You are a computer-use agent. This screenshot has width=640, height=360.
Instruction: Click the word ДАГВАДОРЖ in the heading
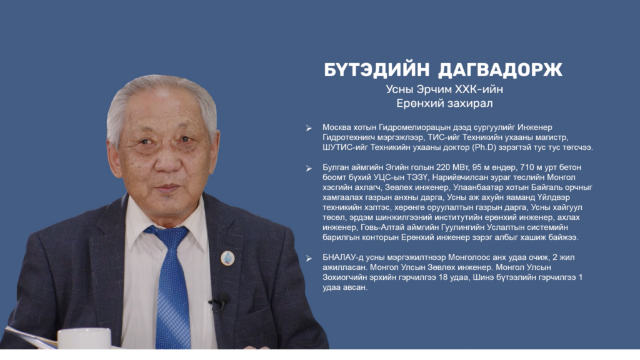pos(500,70)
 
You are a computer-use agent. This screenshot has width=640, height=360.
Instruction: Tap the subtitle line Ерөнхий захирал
pos(444,103)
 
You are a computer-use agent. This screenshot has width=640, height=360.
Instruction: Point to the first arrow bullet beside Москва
pos(309,128)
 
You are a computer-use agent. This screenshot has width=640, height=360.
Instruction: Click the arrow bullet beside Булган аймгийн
pos(309,168)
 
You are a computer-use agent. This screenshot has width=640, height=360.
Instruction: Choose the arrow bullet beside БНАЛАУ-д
pos(309,258)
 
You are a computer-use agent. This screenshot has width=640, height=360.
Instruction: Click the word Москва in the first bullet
pos(336,127)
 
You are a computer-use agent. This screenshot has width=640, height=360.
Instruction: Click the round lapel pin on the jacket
pos(227,258)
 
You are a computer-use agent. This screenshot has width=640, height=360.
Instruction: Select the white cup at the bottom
pos(84,338)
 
